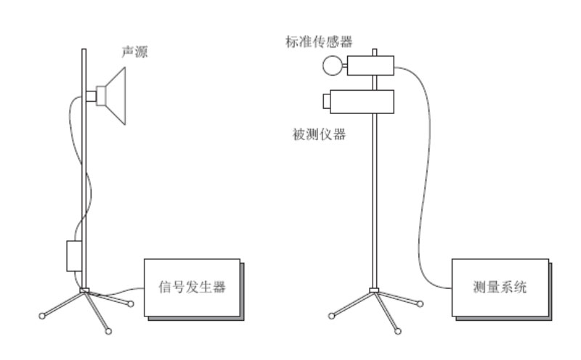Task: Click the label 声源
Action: pyautogui.click(x=133, y=53)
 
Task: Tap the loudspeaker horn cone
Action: pyautogui.click(x=115, y=94)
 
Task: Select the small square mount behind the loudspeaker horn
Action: pyautogui.click(x=92, y=95)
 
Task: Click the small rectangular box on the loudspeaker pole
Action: pyautogui.click(x=74, y=256)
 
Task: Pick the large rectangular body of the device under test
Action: pyautogui.click(x=367, y=101)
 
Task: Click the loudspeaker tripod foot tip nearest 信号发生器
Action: pyautogui.click(x=131, y=303)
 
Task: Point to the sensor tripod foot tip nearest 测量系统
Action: pyautogui.click(x=420, y=303)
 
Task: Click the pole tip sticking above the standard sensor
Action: pyautogui.click(x=374, y=52)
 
